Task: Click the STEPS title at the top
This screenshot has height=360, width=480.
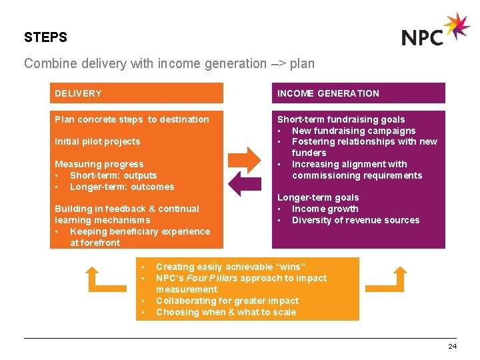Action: (45, 37)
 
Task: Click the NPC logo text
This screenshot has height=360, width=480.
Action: (423, 37)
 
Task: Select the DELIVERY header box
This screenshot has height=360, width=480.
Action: (137, 93)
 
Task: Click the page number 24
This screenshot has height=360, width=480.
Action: (452, 346)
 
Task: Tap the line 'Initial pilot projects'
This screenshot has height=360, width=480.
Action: (97, 141)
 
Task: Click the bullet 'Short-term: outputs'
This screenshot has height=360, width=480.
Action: (113, 175)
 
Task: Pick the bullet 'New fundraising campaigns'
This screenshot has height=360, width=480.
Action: (353, 131)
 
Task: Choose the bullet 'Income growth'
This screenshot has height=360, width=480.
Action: (325, 209)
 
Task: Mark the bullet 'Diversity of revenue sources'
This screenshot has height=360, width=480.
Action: (355, 220)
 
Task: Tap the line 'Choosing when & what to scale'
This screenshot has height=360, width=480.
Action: (225, 312)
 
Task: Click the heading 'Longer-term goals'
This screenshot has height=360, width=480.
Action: (318, 197)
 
